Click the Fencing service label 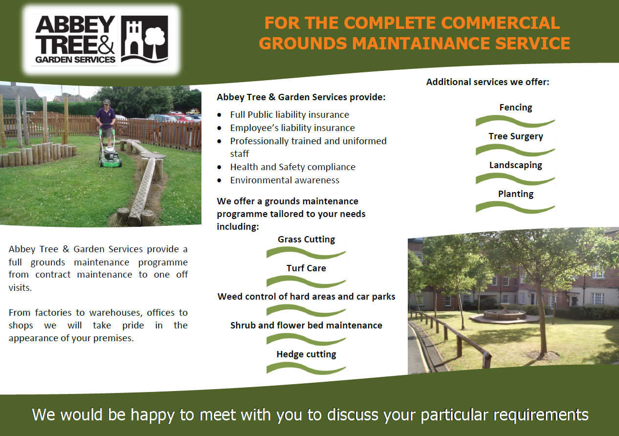click(516, 108)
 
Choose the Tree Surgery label click(516, 136)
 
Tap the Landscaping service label click(516, 165)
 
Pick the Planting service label click(516, 194)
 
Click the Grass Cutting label click(306, 240)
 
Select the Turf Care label click(306, 268)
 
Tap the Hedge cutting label click(306, 354)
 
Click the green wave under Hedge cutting click(306, 369)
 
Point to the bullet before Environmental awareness click(220, 181)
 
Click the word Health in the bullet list click(244, 167)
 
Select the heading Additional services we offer click(488, 82)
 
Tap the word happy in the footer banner click(152, 415)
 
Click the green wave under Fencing click(515, 121)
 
